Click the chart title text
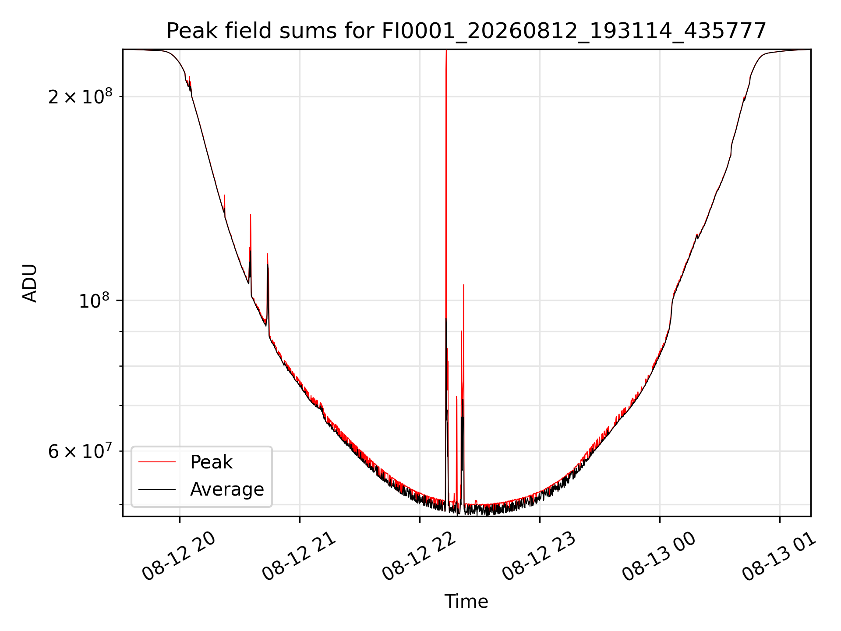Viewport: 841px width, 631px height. [466, 31]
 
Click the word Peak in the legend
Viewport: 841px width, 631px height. [211, 462]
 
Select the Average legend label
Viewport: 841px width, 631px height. [227, 489]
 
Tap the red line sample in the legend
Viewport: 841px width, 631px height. [157, 462]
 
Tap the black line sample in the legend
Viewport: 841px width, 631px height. [157, 489]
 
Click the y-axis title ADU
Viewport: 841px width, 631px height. [30, 283]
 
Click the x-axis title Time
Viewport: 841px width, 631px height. [466, 601]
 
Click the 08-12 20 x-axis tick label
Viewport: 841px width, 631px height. [179, 556]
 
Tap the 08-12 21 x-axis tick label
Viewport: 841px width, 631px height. [299, 556]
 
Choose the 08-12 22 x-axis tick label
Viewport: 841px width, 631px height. [419, 556]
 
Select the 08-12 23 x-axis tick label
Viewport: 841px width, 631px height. [539, 556]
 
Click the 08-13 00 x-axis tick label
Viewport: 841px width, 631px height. [659, 556]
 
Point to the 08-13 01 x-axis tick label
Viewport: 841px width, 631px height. [779, 556]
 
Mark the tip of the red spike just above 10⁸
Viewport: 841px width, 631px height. [463, 285]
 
